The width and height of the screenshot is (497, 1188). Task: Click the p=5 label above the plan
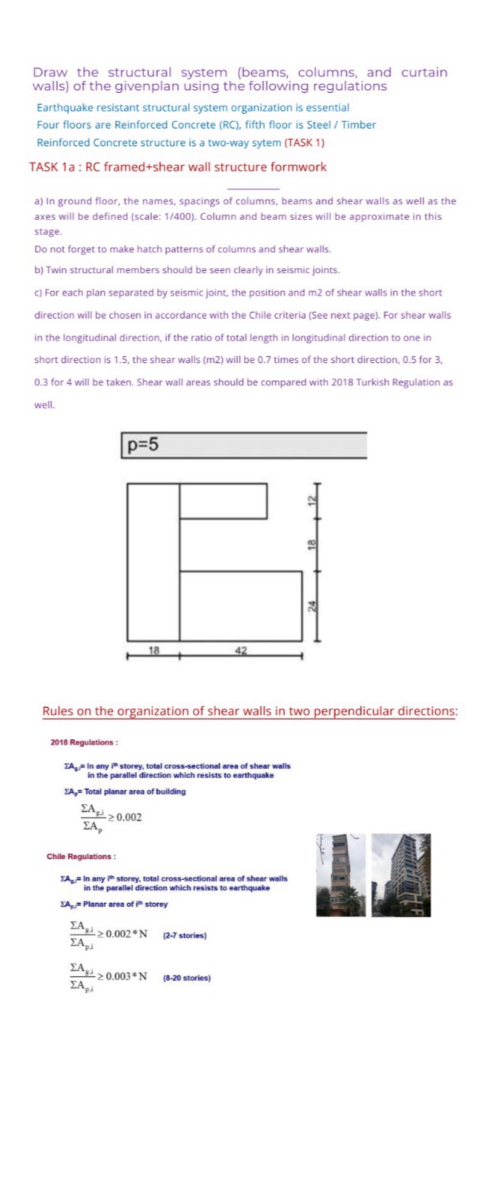pyautogui.click(x=142, y=445)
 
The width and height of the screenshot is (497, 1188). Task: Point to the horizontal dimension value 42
pyautogui.click(x=240, y=650)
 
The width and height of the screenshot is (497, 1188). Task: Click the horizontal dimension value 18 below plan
pyautogui.click(x=154, y=650)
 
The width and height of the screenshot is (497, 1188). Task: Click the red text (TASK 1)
pyautogui.click(x=304, y=143)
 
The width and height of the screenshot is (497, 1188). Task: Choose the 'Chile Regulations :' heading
pyautogui.click(x=81, y=857)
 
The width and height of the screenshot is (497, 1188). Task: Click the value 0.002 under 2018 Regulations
pyautogui.click(x=128, y=817)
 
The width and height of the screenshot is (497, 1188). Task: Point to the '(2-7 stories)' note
pyautogui.click(x=184, y=936)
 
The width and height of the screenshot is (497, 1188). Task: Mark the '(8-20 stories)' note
pyautogui.click(x=186, y=978)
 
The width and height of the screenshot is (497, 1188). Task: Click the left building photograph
pyautogui.click(x=340, y=875)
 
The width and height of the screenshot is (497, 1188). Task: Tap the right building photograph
pyautogui.click(x=401, y=875)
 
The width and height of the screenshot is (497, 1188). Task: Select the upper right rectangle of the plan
pyautogui.click(x=223, y=501)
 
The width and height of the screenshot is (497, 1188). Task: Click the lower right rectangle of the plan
pyautogui.click(x=241, y=606)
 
